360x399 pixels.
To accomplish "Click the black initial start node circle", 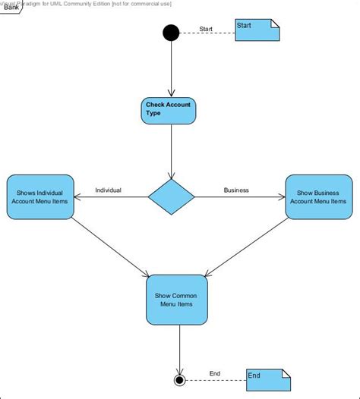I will tap(171, 33).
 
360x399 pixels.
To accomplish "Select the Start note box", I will tap(257, 30).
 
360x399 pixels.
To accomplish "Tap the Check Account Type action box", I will tap(169, 111).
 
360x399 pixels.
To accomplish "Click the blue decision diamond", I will tap(171, 197).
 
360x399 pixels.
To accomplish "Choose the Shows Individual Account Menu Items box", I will tap(39, 197).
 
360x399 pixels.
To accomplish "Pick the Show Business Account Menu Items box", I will tap(318, 197).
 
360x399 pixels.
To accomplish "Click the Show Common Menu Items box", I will tap(176, 300).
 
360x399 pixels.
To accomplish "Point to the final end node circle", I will tap(179, 379).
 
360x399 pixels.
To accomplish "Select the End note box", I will tap(267, 380).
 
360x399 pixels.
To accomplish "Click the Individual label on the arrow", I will tap(108, 190).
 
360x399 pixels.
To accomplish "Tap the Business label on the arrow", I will tap(236, 190).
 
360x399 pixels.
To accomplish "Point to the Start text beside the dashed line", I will tap(206, 29).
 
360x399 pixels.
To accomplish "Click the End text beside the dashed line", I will tap(214, 373).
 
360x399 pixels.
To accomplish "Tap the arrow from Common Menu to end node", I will tap(179, 349).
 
